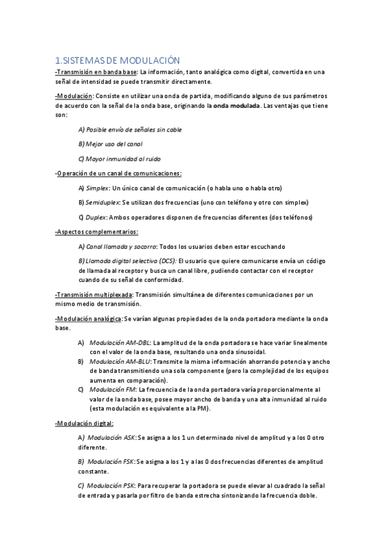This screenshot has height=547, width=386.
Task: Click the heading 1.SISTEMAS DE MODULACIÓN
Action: pyautogui.click(x=117, y=60)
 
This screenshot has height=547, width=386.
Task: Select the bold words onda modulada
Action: pyautogui.click(x=236, y=106)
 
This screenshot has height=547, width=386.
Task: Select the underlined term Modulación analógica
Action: pyautogui.click(x=89, y=319)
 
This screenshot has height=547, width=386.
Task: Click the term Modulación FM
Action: pyautogui.click(x=113, y=390)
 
